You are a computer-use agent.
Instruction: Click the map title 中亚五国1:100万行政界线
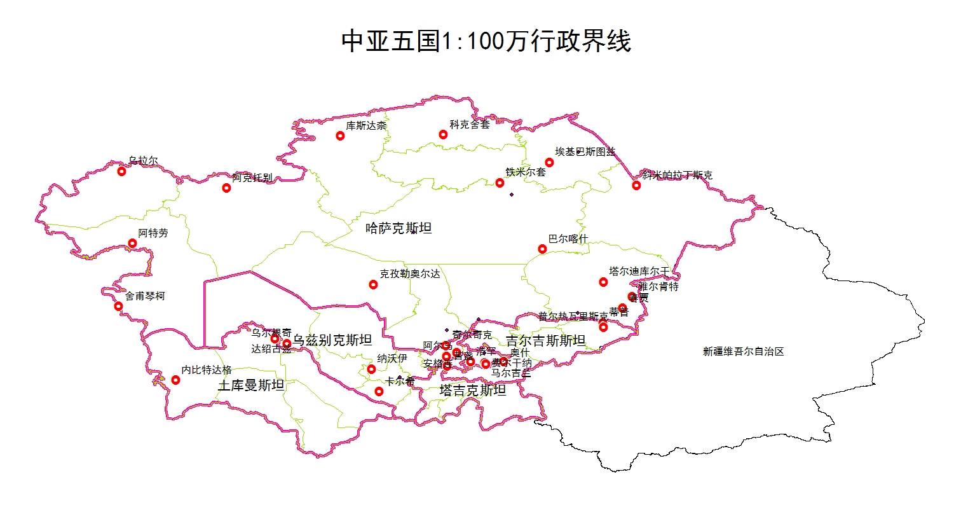(x=486, y=43)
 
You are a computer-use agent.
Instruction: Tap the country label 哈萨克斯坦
(x=399, y=228)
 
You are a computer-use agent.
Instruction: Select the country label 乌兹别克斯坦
(x=332, y=340)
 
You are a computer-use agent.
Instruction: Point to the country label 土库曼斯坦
(x=251, y=385)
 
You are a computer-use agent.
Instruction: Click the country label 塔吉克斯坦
(x=473, y=391)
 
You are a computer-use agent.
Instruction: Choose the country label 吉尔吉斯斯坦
(x=545, y=341)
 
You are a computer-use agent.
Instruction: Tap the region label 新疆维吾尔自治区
(x=744, y=351)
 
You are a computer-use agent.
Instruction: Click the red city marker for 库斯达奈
(x=340, y=135)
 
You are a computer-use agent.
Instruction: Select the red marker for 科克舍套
(x=443, y=134)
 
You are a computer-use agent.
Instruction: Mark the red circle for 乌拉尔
(x=122, y=171)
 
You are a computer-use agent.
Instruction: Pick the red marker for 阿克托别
(x=226, y=188)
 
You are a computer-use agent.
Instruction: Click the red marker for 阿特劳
(x=132, y=243)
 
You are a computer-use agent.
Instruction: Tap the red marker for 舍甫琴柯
(x=118, y=306)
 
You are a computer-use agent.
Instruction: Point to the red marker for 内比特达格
(x=175, y=380)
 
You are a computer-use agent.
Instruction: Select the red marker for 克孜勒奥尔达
(x=373, y=284)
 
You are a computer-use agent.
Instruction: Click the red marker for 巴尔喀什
(x=542, y=249)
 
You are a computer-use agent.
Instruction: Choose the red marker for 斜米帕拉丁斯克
(x=636, y=185)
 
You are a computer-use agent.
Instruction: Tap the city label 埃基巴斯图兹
(x=585, y=151)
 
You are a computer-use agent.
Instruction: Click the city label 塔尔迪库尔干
(x=639, y=271)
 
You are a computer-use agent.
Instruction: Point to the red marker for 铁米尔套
(x=500, y=183)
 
